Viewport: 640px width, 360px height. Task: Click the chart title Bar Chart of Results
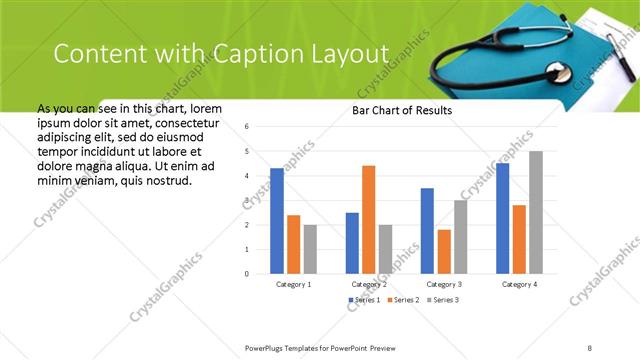[402, 110]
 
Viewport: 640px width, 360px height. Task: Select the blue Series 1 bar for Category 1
[277, 220]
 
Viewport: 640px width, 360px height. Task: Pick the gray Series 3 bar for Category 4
[536, 212]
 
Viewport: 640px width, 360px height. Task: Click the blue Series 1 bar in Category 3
[427, 230]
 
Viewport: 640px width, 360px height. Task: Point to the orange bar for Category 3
[444, 251]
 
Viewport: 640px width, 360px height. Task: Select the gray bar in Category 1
[310, 248]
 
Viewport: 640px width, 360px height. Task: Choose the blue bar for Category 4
[502, 218]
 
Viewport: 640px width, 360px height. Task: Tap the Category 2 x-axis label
[369, 284]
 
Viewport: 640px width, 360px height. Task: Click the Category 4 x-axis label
[519, 284]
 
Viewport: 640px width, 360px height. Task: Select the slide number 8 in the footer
[590, 347]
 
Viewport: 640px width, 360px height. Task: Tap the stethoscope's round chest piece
[559, 75]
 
